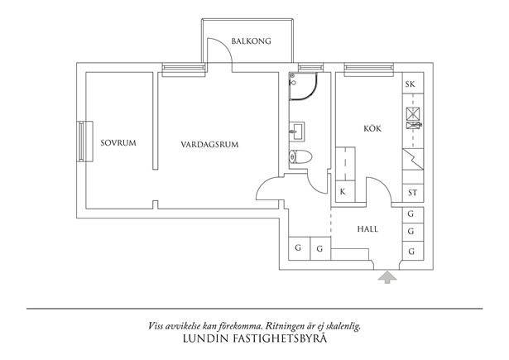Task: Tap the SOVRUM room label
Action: coord(118,143)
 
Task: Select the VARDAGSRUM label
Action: coord(209,145)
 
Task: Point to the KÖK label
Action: coord(372,128)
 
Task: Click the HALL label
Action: coord(367,229)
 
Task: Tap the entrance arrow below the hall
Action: coord(387,278)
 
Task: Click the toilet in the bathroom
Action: coord(300,157)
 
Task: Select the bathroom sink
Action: coord(296,132)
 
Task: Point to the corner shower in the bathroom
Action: coord(303,86)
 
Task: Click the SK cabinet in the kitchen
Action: coord(413,83)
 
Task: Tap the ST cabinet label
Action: coord(413,193)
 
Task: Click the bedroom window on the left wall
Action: coord(85,142)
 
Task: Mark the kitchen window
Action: coord(369,70)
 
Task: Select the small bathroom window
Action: coord(310,68)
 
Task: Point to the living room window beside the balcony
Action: coord(184,70)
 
